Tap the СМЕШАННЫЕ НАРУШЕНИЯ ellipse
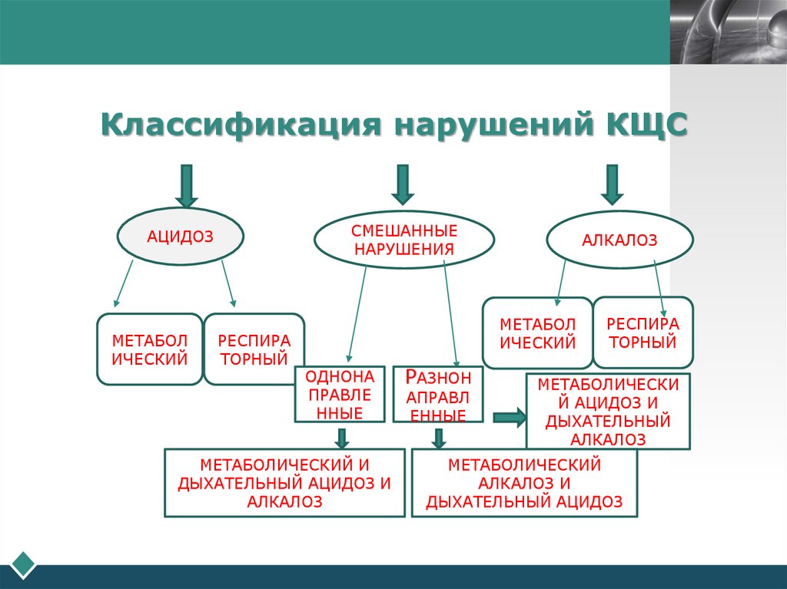tap(404, 240)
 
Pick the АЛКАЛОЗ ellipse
tap(619, 240)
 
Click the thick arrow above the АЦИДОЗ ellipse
tap(186, 184)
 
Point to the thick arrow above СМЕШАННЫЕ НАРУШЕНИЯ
tap(402, 184)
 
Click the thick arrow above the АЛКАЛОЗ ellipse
tap(612, 184)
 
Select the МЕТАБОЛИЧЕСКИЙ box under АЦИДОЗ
tap(150, 349)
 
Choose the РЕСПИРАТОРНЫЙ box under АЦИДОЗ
tap(254, 349)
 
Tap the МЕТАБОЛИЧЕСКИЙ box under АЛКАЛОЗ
tap(537, 333)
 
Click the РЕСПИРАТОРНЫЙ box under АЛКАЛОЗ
tap(643, 332)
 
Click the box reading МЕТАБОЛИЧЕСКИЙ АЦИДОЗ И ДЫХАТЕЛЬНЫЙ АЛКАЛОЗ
tap(607, 411)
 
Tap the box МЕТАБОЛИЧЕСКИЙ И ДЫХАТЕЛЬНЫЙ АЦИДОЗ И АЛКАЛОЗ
tap(284, 483)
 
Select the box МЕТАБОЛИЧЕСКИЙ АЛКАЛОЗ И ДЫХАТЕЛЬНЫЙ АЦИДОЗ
tap(524, 483)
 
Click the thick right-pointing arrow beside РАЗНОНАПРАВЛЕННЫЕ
tap(509, 418)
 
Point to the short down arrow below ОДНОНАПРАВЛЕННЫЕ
tap(342, 438)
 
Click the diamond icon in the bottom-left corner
tap(24, 564)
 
